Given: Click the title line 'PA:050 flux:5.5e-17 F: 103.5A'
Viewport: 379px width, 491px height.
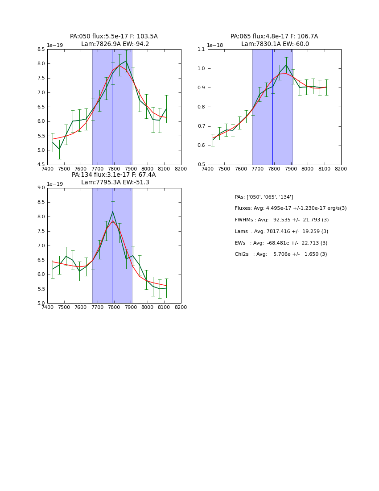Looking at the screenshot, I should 114,37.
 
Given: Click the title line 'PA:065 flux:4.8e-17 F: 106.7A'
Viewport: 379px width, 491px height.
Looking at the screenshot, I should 274,37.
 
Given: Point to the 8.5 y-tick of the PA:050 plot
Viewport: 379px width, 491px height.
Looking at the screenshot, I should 41,50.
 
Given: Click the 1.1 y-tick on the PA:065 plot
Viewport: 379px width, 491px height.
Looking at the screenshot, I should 201,50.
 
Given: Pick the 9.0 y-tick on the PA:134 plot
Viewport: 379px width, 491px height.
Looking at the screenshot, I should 41,188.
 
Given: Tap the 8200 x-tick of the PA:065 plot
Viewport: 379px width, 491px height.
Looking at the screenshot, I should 341,169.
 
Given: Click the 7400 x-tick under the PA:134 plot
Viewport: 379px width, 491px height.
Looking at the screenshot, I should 47,307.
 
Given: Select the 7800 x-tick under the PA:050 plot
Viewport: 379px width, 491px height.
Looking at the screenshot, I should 114,169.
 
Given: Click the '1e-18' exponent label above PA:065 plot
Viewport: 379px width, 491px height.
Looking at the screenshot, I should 215,46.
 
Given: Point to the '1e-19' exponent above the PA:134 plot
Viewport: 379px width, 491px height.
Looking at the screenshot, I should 55,184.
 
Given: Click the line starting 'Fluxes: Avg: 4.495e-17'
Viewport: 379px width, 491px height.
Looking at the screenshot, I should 290,208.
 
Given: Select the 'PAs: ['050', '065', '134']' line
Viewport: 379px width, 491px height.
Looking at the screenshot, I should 264,197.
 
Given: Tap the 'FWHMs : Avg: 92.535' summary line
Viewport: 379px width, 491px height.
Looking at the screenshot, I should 281,220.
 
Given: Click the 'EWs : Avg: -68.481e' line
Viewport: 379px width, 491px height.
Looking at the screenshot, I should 281,243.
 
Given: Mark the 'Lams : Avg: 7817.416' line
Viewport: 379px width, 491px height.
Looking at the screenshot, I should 281,232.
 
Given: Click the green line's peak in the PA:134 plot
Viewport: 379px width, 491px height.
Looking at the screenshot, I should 112,211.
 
